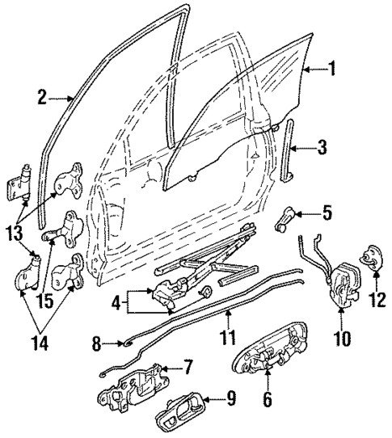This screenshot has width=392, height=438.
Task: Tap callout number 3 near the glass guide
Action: (x=322, y=147)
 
